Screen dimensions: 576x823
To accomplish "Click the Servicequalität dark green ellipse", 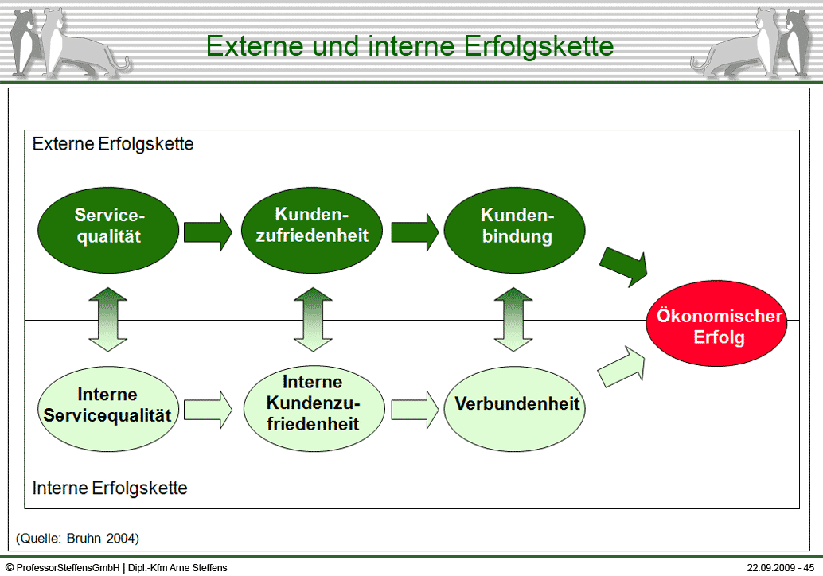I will pos(109,227).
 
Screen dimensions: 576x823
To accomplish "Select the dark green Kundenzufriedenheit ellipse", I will pos(312,227).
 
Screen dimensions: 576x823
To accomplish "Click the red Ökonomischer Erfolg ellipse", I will pos(718,326).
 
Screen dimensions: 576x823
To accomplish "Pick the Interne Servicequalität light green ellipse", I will pos(107,405).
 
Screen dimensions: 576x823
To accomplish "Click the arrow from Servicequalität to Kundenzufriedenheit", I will pos(208,232).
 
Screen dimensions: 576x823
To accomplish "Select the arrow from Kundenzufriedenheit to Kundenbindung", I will pos(415,232).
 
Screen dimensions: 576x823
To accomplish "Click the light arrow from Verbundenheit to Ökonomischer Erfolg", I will pos(624,368).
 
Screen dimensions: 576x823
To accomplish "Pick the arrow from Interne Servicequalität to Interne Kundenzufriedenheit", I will pos(208,410).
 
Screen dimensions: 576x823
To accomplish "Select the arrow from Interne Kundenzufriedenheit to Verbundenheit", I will pos(415,410).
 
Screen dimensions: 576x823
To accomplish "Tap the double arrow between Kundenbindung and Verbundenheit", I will pos(514,319).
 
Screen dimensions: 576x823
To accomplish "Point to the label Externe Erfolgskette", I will pos(113,145).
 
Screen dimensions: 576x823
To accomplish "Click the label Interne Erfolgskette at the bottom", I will pos(110,488).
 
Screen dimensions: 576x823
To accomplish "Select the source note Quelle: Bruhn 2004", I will pos(77,539).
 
